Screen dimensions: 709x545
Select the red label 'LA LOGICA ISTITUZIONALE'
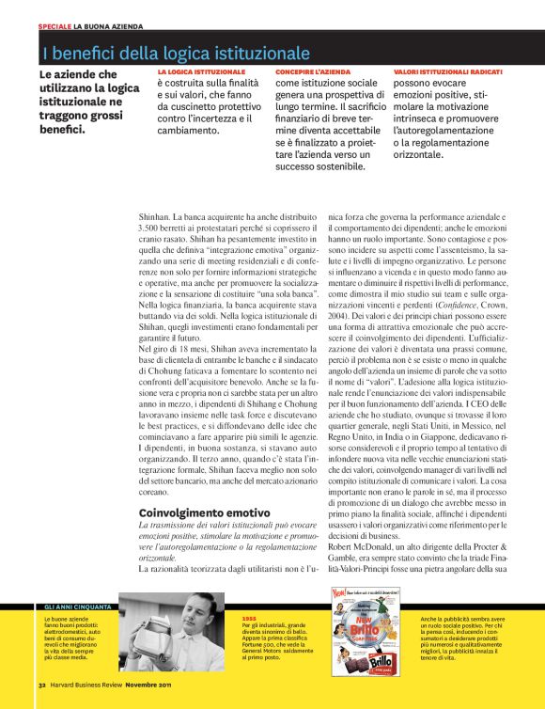pos(200,72)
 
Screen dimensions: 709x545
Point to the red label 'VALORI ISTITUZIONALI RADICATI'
pos(448,72)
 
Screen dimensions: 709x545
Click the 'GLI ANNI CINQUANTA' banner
pos(79,607)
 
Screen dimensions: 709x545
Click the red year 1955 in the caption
pos(249,617)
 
